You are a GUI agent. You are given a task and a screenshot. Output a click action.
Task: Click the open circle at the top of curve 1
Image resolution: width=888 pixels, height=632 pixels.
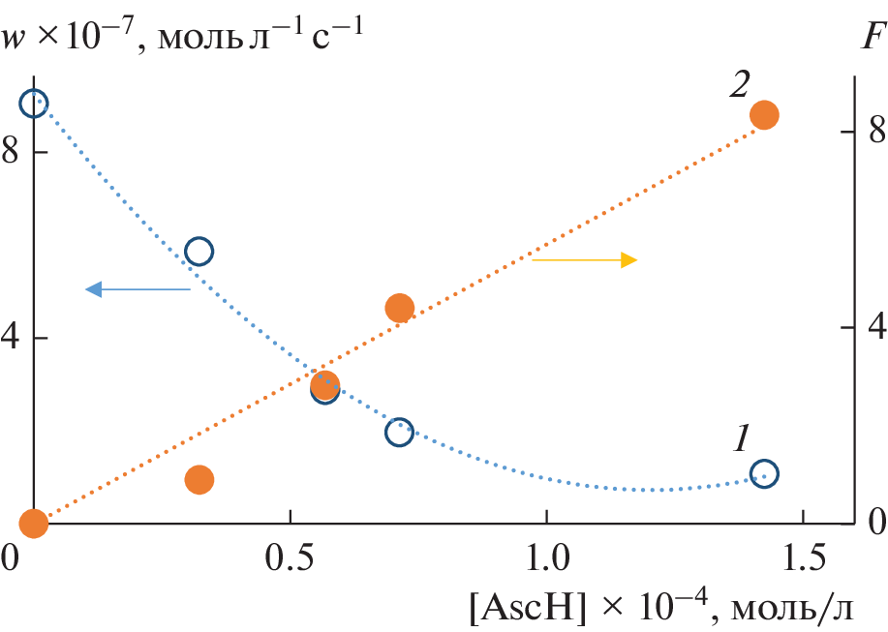click(34, 104)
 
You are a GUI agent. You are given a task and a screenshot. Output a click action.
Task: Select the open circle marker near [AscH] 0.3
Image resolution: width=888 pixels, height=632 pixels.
click(199, 252)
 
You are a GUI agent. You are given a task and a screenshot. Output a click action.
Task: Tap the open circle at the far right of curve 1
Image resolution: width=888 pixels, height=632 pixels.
click(764, 474)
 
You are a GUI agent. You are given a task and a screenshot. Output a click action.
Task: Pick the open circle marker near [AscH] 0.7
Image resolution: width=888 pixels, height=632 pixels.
click(399, 432)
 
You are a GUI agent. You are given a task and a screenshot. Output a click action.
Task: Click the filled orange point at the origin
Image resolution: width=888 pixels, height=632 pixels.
click(34, 524)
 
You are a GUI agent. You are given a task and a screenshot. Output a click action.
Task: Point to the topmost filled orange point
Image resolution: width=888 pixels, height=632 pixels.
click(764, 115)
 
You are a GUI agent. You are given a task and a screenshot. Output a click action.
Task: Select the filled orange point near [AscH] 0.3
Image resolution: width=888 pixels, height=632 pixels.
click(199, 479)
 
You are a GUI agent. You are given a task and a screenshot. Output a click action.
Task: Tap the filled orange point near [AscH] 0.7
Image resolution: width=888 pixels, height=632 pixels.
click(399, 308)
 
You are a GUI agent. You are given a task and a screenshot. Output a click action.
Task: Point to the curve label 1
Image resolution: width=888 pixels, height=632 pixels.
click(741, 438)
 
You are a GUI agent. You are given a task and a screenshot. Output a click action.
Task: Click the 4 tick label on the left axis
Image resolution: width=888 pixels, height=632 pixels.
click(13, 339)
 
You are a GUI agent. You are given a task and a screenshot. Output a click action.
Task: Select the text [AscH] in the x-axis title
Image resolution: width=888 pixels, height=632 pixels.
click(520, 608)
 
